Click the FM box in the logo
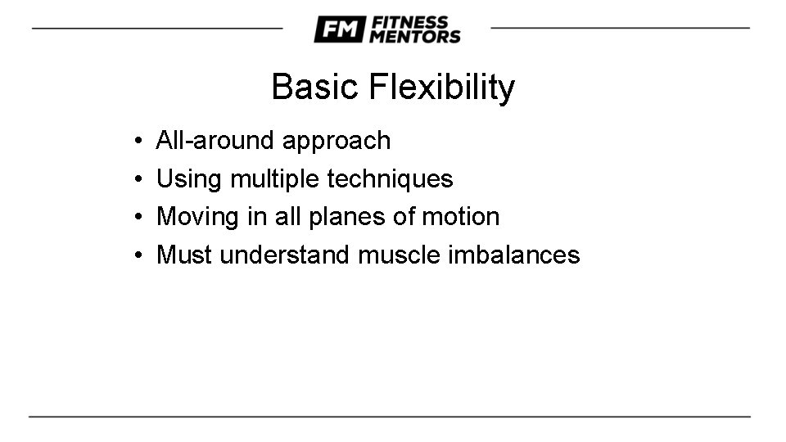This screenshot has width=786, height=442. pos(338,30)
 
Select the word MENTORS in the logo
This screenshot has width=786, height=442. pos(415,37)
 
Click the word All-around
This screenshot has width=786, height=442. pos(215,141)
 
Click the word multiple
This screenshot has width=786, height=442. pos(275,179)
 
